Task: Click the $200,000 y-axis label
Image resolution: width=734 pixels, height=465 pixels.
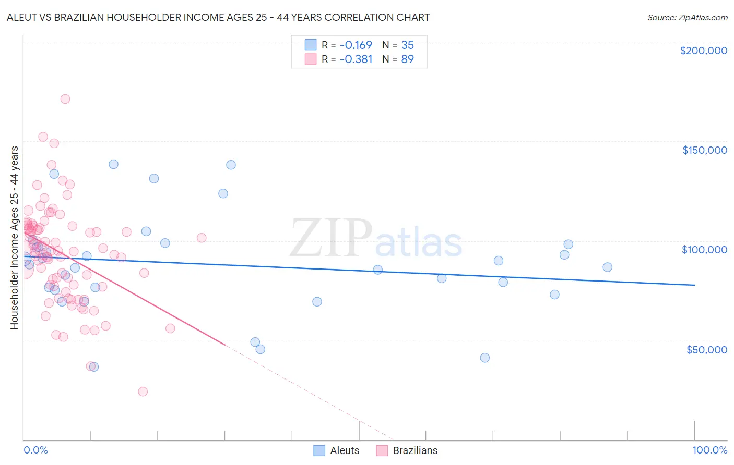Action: point(703,51)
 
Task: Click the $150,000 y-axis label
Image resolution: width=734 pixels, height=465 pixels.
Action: point(704,150)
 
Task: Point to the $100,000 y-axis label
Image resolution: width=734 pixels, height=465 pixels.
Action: point(704,250)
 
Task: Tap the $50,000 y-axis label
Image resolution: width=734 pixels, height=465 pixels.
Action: point(706,349)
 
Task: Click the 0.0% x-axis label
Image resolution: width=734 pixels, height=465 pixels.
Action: point(35,450)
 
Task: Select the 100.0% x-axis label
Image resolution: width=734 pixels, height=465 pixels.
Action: point(709,450)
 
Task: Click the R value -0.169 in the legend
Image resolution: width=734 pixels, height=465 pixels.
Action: point(356,45)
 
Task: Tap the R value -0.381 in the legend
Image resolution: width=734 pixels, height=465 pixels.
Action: point(356,59)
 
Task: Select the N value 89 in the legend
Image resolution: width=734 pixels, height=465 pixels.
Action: point(407,59)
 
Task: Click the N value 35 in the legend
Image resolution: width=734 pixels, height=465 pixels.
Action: point(407,45)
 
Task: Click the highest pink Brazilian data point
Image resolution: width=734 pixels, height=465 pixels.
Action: point(65,99)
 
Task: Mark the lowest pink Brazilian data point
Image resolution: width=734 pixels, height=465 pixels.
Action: point(143,391)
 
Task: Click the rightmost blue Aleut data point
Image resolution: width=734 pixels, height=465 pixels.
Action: point(607,267)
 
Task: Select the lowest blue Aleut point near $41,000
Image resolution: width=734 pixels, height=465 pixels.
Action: point(485,358)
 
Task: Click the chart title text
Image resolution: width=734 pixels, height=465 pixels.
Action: point(218,17)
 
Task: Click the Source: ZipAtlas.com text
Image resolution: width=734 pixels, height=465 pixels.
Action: point(687,18)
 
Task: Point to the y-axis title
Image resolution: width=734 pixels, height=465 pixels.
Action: point(14,238)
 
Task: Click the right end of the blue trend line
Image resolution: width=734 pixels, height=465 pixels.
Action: point(694,285)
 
